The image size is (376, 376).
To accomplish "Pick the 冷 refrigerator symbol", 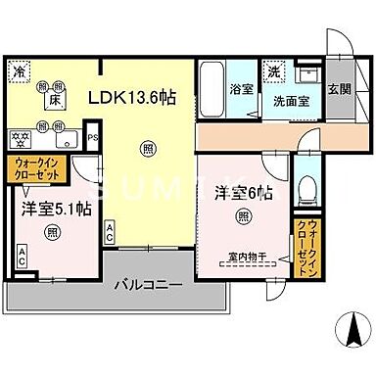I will coord(20,71).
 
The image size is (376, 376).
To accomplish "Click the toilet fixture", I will coord(309,186).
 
